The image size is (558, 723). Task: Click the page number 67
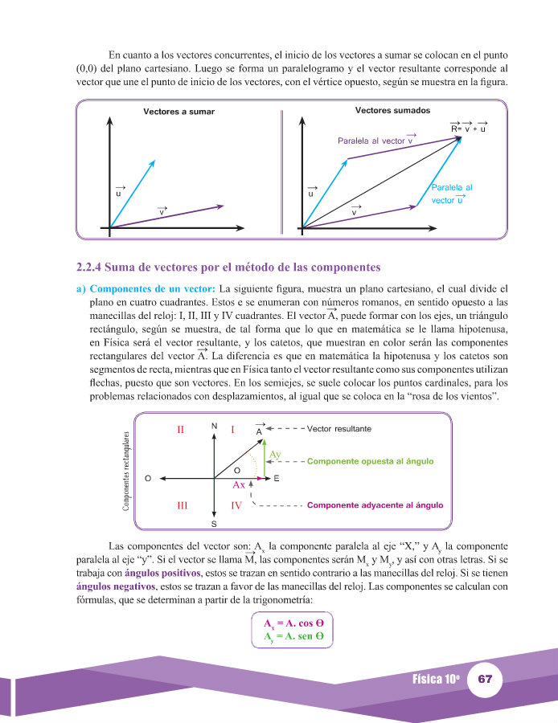484,679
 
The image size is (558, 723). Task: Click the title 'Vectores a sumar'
178,112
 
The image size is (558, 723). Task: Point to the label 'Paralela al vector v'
375,141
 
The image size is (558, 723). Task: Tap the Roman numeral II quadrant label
182,430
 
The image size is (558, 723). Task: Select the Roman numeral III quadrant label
182,505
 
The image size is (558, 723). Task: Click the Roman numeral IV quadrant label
236,505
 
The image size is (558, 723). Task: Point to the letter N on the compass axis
214,426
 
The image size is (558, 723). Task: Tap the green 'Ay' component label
276,454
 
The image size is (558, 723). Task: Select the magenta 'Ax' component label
239,485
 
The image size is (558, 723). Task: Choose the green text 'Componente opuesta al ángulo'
371,462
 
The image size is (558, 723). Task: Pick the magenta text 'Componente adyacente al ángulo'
375,505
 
